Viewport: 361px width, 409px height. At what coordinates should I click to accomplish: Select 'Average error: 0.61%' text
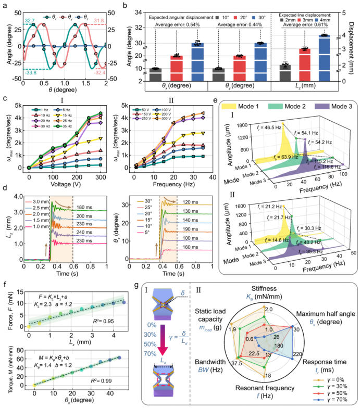coord(316,24)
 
